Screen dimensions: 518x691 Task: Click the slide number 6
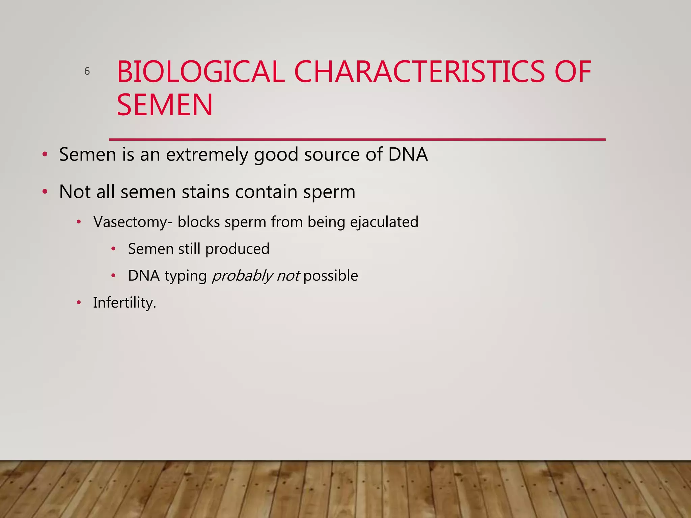coord(87,71)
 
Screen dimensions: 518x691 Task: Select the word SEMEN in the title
coord(165,105)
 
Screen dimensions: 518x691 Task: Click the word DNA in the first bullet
coord(408,154)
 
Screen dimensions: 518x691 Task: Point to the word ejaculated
coord(384,222)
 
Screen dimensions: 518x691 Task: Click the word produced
coord(237,249)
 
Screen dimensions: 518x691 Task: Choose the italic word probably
coord(242,276)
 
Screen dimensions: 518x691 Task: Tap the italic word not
coord(288,276)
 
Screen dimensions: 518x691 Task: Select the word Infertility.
coord(124,303)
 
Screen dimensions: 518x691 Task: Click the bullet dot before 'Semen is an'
coord(45,155)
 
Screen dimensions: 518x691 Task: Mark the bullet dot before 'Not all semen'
coord(45,192)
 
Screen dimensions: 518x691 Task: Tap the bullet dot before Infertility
coord(79,303)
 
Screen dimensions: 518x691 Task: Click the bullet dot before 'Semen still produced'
coord(113,249)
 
